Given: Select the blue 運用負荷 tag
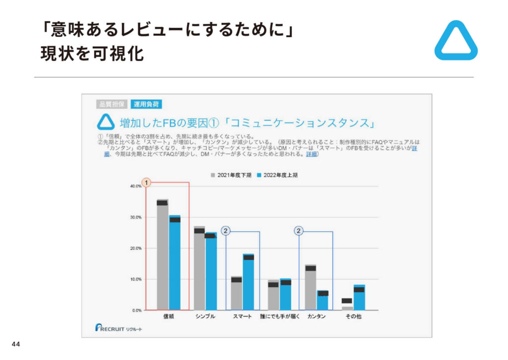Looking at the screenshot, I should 147,104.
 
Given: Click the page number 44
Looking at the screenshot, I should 15,345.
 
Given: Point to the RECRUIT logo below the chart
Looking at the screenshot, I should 119,328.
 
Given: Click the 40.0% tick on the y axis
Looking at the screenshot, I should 135,186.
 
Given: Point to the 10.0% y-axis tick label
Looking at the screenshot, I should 135,279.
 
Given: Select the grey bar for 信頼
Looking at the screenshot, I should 162,256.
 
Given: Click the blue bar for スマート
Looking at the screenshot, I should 249,283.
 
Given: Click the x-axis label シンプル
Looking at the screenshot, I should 205,316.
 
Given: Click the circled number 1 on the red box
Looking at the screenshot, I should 146,183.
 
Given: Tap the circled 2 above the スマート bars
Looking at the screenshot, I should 226,231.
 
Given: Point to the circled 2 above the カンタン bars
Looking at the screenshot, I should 299,231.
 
